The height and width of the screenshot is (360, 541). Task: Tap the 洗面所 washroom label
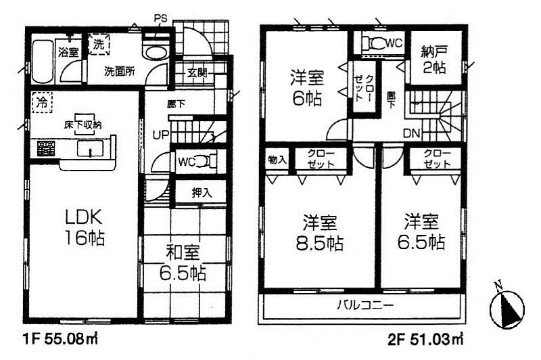[119, 70]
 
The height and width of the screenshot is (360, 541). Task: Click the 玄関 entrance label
[197, 72]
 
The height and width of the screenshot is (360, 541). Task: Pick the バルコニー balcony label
[365, 306]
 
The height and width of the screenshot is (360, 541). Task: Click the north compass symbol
[506, 309]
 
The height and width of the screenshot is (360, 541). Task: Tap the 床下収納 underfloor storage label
[83, 125]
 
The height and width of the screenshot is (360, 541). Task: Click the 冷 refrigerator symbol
[42, 104]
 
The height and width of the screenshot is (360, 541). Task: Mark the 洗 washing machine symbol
[99, 45]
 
